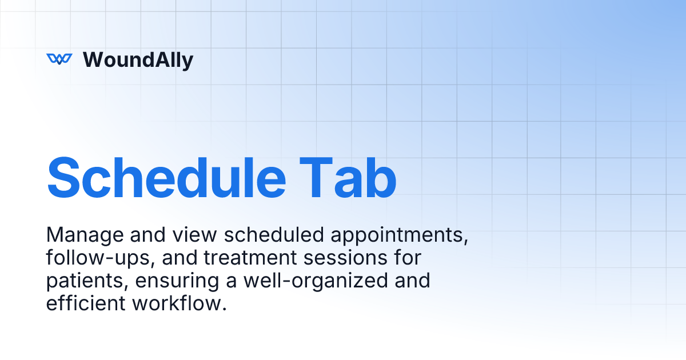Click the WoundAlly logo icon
[x=59, y=59]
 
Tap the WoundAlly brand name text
[x=138, y=59]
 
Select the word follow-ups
[x=99, y=258]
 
